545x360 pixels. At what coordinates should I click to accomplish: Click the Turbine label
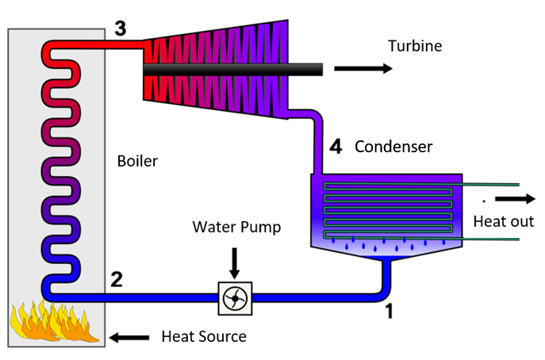414,46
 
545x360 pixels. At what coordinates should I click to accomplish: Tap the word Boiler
136,161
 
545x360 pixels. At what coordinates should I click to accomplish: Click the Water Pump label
236,228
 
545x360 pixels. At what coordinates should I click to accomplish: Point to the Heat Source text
204,336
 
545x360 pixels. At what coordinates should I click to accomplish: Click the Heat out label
504,221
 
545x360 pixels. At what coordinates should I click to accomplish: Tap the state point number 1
389,312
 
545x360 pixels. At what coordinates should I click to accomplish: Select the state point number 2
117,279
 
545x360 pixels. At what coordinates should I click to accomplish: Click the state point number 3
120,29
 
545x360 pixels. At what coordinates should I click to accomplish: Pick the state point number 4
336,147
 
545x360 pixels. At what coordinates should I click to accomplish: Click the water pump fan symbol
236,298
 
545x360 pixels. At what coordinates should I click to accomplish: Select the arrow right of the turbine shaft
363,69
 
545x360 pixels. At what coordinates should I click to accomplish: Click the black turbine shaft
238,70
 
